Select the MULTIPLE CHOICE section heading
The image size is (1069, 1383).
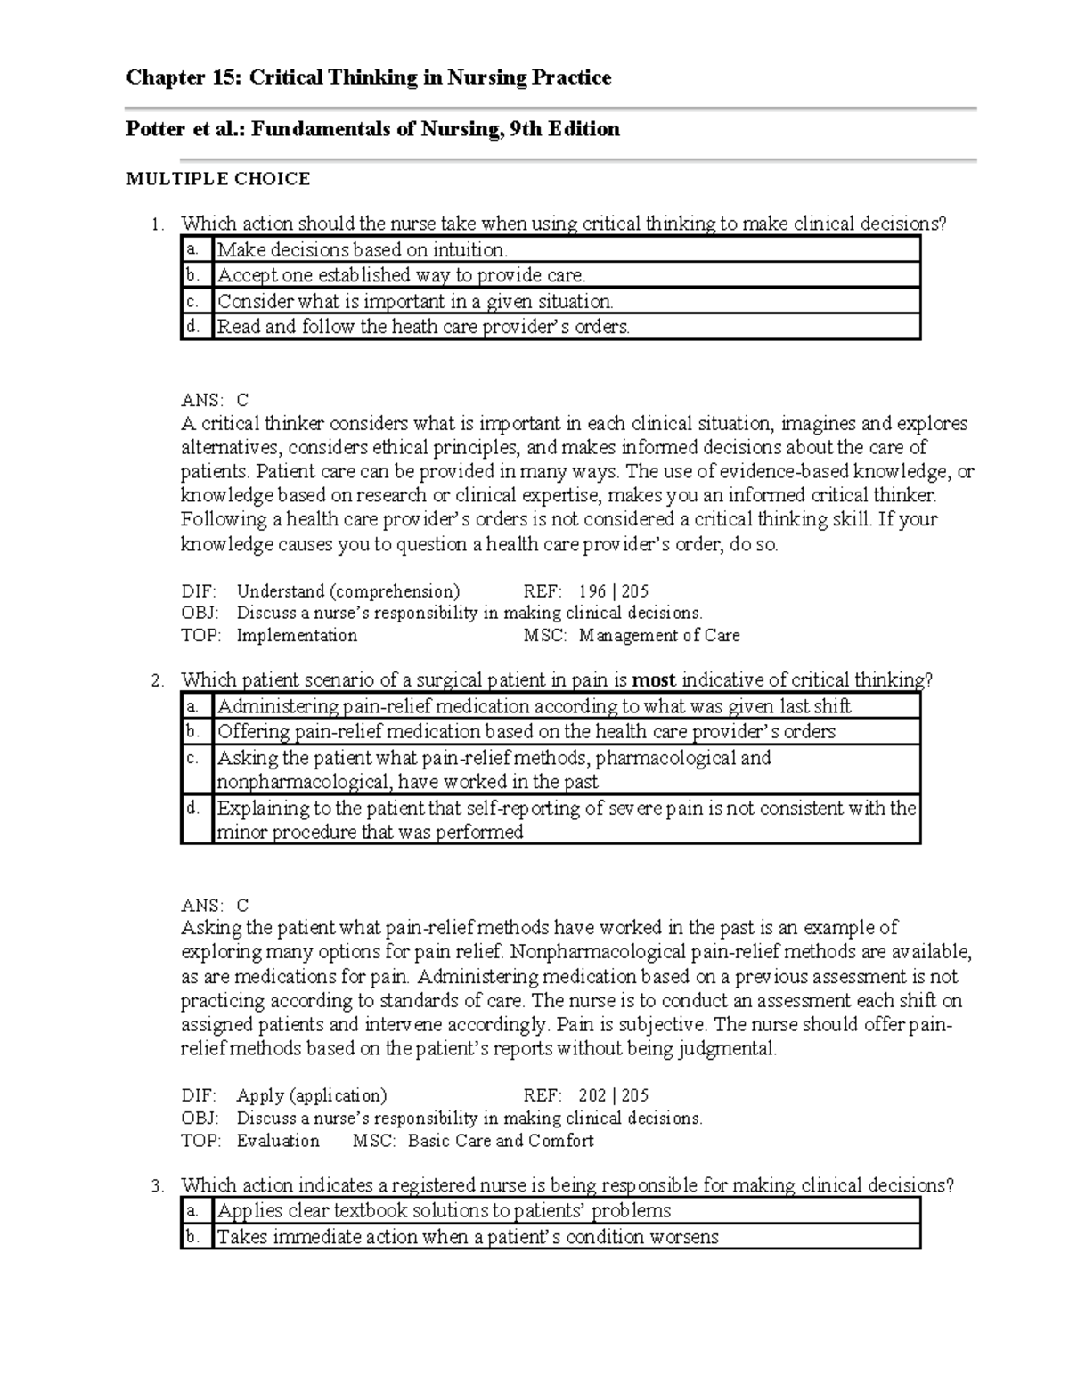[x=217, y=179]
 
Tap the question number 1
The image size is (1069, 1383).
[x=157, y=224]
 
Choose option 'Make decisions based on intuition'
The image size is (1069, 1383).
[x=362, y=250]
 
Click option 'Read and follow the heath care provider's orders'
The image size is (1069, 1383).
[x=423, y=327]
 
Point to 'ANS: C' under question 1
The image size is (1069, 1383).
[x=215, y=401]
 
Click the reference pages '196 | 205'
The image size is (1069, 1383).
[x=613, y=591]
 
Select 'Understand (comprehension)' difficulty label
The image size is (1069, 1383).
[x=347, y=591]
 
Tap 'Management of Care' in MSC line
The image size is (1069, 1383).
[x=658, y=636]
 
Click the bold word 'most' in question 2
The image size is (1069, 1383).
[x=654, y=680]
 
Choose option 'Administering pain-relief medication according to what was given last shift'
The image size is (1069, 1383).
[x=534, y=707]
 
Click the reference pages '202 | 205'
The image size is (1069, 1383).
[x=613, y=1096]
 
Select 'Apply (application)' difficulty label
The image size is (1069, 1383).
[x=311, y=1096]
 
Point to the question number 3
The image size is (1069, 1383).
[x=157, y=1186]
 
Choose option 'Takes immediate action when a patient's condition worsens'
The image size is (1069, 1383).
[x=468, y=1237]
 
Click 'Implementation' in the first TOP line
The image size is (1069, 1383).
[x=297, y=636]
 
